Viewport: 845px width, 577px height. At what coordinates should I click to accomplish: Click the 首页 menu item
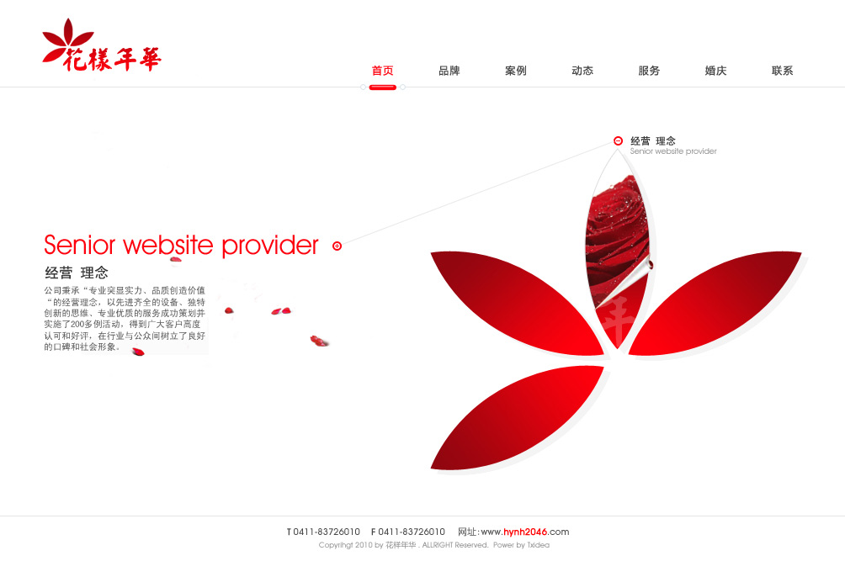(x=383, y=71)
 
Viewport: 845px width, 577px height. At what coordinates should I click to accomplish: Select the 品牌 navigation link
(x=449, y=71)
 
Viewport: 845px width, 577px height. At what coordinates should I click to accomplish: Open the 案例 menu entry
(x=516, y=71)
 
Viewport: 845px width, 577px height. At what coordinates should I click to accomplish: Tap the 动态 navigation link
(x=582, y=71)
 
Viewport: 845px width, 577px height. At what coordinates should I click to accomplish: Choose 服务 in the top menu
(x=649, y=71)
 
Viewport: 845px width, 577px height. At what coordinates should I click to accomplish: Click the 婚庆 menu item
(x=715, y=71)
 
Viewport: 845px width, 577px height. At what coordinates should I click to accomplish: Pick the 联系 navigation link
(x=783, y=71)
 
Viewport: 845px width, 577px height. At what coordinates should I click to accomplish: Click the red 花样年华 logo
(x=101, y=45)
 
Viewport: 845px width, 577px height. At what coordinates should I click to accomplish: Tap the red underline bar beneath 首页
(x=383, y=87)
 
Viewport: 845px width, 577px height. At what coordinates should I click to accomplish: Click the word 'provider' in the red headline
(x=270, y=246)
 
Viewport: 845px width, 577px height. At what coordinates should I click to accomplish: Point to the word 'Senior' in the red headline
(x=80, y=245)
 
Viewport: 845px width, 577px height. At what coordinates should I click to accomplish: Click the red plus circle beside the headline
(x=337, y=246)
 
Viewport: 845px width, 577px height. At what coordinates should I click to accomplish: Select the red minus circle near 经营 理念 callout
(x=618, y=140)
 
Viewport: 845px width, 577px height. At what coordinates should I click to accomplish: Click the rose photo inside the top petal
(x=617, y=237)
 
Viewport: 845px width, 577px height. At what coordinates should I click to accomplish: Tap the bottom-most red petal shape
(x=518, y=417)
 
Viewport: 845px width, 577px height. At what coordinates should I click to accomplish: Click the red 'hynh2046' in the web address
(x=525, y=532)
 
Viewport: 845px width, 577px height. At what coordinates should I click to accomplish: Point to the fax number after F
(x=412, y=532)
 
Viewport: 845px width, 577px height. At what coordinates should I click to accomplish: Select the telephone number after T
(x=327, y=532)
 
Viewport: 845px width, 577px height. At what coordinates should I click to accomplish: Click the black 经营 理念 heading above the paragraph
(x=77, y=273)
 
